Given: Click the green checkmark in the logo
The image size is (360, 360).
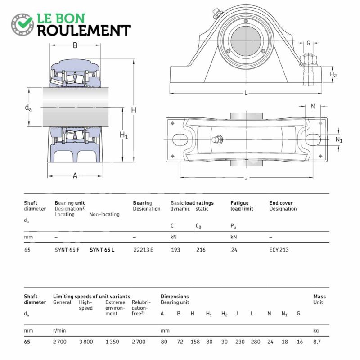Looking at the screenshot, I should coord(25,21).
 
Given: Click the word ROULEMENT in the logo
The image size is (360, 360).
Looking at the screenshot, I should coord(84,30).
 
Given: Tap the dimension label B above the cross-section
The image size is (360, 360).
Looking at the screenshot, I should coord(75,45).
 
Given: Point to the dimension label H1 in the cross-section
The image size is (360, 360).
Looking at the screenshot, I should coord(124,135).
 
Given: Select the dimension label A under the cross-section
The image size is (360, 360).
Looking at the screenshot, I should coord(75,175).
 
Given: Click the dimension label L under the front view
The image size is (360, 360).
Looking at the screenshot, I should coord(246,93).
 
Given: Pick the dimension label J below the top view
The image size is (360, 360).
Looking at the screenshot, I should coord(246,177).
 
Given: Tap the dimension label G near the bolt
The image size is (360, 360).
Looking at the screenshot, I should coord(308,43).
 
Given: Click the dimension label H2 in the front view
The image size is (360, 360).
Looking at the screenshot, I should coord(333,74).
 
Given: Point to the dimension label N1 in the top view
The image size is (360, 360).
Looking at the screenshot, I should coord(339,140).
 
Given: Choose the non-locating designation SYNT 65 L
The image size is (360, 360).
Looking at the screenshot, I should coord(102,250).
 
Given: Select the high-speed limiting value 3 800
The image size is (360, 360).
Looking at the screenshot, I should coord(86,342).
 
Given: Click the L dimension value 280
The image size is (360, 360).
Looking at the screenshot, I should coord(256,342).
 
